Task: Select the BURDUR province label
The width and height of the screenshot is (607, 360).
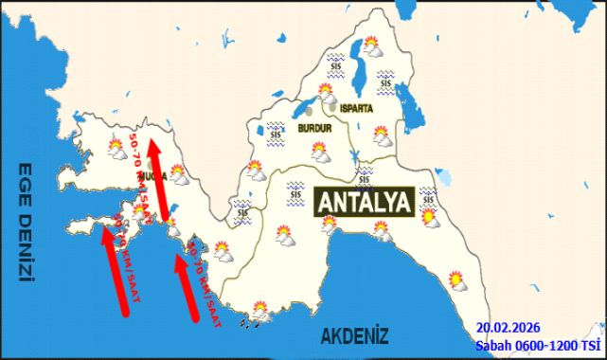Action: pos(313,126)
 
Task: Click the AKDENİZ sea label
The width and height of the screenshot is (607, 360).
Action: pos(354,334)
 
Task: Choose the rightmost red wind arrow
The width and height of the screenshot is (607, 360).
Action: pos(186,288)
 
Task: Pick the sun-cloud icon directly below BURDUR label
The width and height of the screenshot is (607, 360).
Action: pos(321,152)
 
